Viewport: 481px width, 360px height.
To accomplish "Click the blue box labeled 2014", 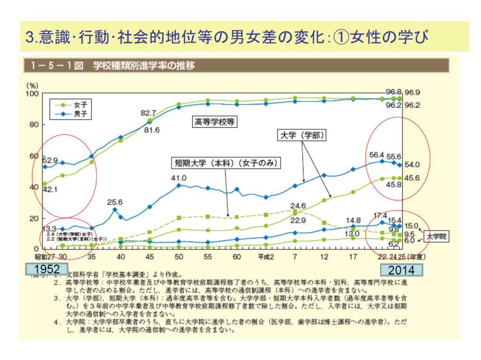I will coord(401,270).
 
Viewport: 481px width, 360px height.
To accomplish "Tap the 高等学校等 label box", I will coord(215,122).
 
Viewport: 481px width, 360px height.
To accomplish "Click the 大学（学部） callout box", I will coord(302,135).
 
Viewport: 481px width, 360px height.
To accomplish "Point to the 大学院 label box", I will coord(436,237).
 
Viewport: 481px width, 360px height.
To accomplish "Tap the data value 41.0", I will coord(179,178).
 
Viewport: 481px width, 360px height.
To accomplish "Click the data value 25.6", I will coord(115,202).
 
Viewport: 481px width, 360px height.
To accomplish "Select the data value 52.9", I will coord(50,160).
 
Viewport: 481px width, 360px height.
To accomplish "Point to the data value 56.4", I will coord(377,154).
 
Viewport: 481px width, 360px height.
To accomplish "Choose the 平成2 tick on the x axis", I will coord(265,257).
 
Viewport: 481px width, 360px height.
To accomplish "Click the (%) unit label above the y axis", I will coord(32,85).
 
